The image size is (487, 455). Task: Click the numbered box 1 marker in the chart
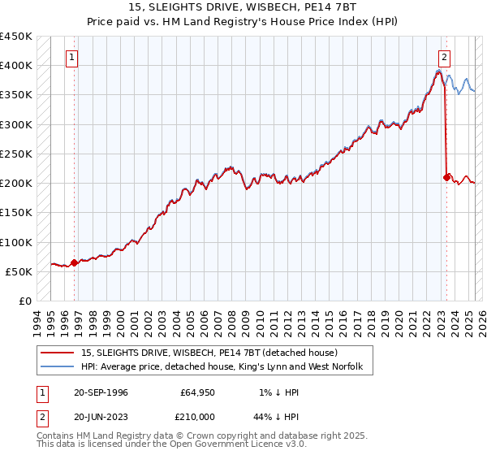tap(73, 58)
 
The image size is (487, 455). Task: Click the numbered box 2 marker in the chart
tap(445, 58)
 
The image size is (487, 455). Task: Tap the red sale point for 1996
tap(75, 262)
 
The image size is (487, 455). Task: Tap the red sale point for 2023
tap(446, 176)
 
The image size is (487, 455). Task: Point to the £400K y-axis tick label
tap(16, 66)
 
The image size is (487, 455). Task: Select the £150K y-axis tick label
tap(16, 213)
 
